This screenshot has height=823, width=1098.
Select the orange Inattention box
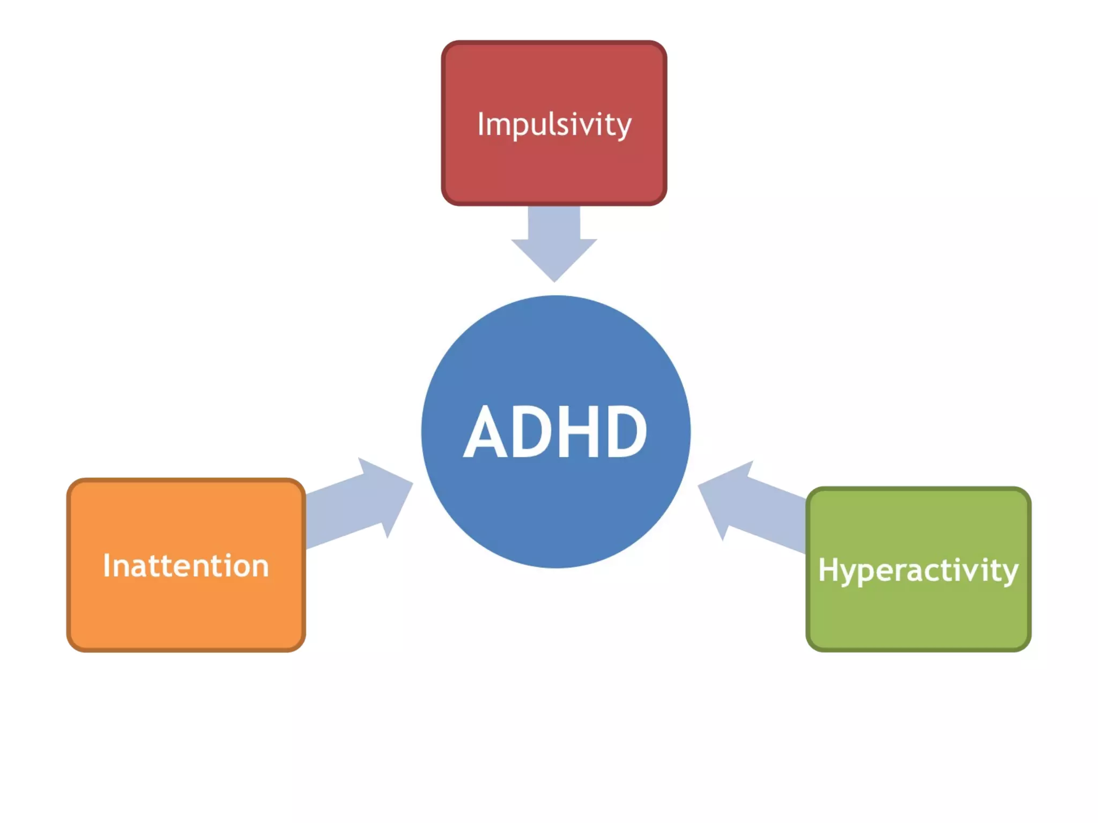186,611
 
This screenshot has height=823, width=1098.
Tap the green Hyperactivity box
918,616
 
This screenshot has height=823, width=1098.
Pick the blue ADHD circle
555,514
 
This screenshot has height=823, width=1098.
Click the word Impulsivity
554,125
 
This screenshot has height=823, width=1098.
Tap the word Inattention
186,566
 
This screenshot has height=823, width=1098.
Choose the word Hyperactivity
918,570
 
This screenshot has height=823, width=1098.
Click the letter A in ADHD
485,433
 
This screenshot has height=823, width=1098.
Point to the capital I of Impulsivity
481,124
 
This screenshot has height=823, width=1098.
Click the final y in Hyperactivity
1007,573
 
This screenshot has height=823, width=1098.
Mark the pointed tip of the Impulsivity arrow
554,281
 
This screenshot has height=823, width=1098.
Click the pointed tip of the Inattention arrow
412,483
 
